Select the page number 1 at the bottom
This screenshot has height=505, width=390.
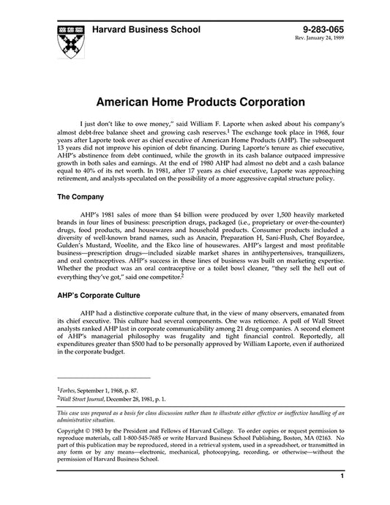(x=342, y=497)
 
